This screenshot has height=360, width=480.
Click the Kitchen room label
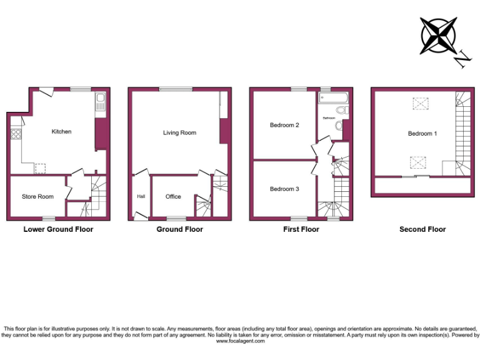[61, 132]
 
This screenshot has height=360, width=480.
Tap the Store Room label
[37, 197]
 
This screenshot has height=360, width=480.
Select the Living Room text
[179, 133]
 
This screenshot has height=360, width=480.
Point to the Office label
[173, 197]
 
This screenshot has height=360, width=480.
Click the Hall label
[141, 197]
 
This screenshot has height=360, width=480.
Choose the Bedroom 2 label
[284, 126]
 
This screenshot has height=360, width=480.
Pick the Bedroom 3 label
[284, 189]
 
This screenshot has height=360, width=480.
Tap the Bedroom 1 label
[422, 134]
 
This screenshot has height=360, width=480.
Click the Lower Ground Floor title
[58, 229]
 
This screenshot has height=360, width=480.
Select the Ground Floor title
[179, 229]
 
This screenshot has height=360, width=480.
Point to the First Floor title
[301, 229]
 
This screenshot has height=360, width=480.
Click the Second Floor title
[422, 229]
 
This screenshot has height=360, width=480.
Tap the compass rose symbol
[439, 35]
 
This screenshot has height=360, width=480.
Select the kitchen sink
[101, 104]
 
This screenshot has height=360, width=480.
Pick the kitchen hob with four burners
[16, 134]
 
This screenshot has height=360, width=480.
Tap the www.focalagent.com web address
[241, 341]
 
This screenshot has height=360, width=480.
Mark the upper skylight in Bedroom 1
[417, 104]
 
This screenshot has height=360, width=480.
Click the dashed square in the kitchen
[40, 167]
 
